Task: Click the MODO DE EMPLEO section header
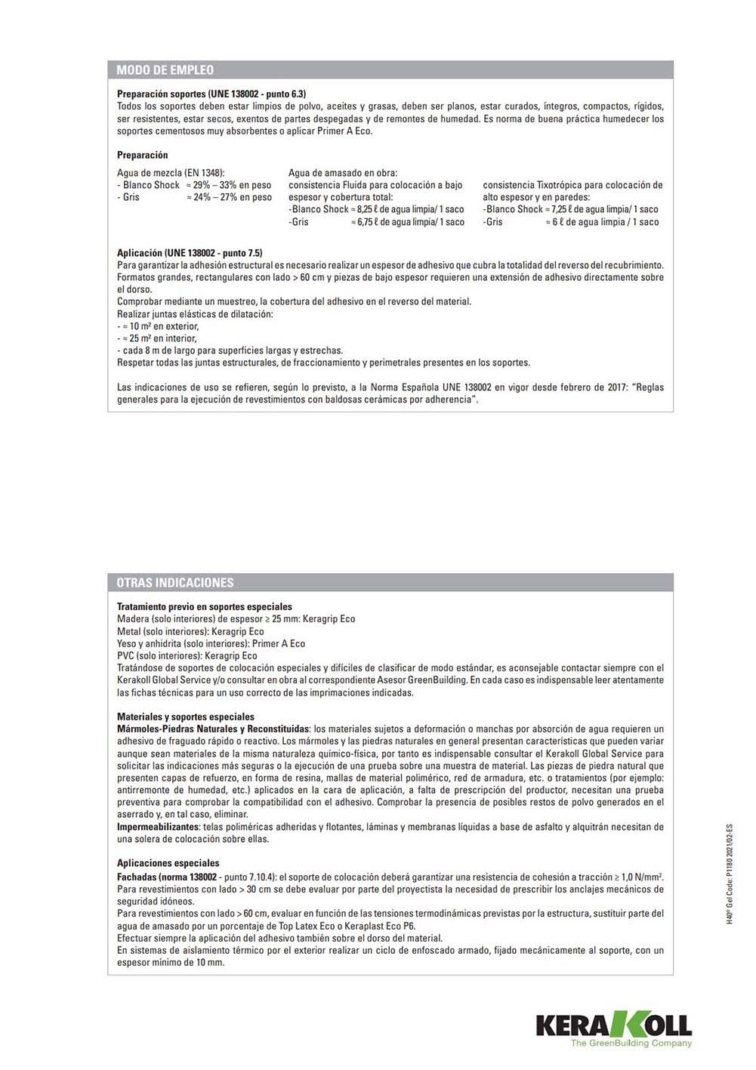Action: coord(165,70)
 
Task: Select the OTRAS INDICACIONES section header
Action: coord(175,583)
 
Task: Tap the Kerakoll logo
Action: coord(613,1025)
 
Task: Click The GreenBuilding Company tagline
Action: coord(631,1044)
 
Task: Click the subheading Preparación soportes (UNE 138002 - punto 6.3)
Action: coord(211,94)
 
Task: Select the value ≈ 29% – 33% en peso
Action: coord(229,185)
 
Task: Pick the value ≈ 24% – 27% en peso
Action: coord(229,197)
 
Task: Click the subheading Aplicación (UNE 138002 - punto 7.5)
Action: coord(190,253)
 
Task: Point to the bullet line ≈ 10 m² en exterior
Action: coord(159,326)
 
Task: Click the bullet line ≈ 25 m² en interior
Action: coord(157,338)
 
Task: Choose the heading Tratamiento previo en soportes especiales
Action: coord(205,606)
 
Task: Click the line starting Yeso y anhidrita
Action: coord(211,643)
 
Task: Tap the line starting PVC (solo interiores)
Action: coord(187,655)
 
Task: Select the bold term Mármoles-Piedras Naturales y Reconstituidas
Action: coord(213,729)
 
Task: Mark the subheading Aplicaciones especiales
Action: coord(168,863)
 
